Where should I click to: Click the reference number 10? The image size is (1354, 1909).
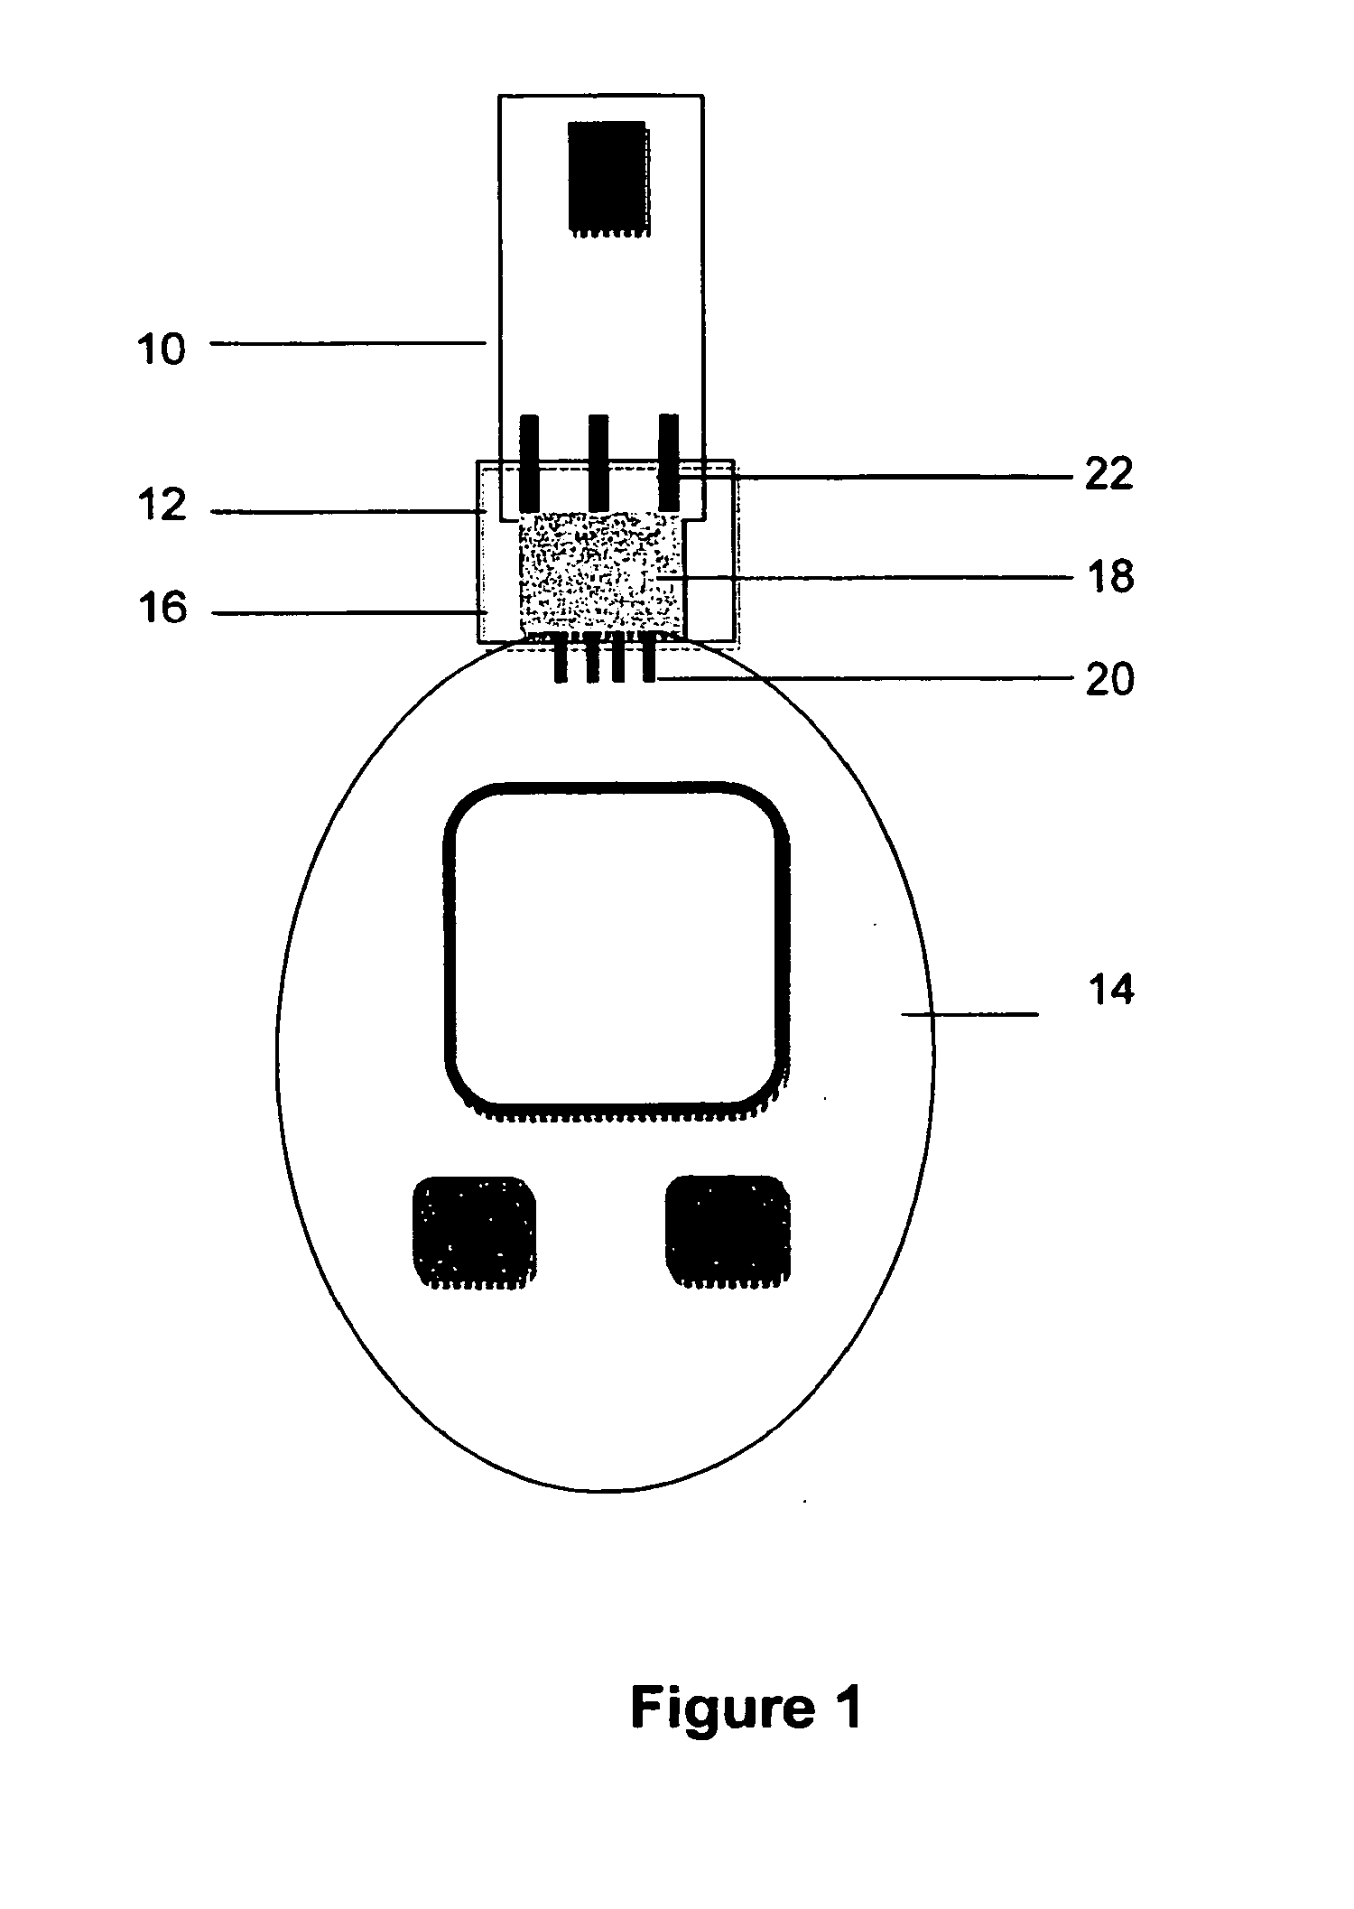pyautogui.click(x=162, y=348)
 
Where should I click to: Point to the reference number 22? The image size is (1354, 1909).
pyautogui.click(x=1108, y=474)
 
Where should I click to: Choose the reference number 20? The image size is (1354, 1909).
pyautogui.click(x=1109, y=678)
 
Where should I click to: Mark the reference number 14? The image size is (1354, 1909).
pyautogui.click(x=1111, y=991)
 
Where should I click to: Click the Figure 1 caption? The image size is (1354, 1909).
pyautogui.click(x=746, y=1706)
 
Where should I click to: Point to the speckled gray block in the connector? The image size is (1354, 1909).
pyautogui.click(x=599, y=573)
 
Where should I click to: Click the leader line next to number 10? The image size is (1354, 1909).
pyautogui.click(x=348, y=342)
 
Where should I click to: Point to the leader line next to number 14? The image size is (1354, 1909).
pyautogui.click(x=970, y=1015)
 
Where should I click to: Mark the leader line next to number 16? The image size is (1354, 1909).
pyautogui.click(x=348, y=613)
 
